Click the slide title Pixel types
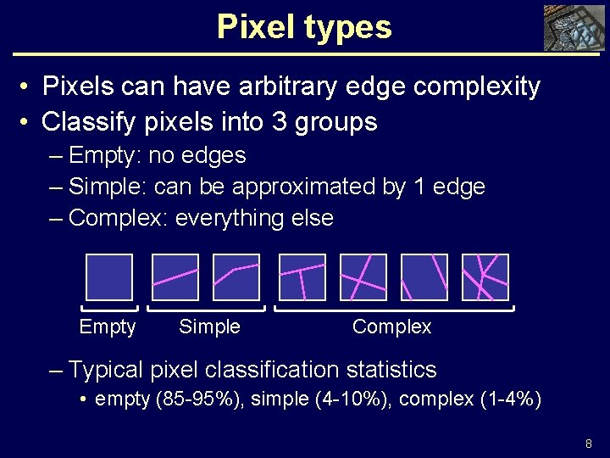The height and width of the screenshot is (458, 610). point(304,27)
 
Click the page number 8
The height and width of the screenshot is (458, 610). point(589,444)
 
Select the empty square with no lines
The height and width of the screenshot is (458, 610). point(110,277)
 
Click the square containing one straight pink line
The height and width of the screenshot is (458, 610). point(175,277)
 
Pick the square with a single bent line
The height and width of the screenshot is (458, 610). point(236,277)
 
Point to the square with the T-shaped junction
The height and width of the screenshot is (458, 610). point(302,277)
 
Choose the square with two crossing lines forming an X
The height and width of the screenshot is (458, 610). point(363,277)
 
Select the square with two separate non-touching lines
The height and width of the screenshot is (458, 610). point(424,277)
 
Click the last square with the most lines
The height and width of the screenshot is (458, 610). point(485,277)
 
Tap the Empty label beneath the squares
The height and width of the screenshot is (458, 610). point(107,327)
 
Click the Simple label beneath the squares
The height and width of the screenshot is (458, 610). point(209,327)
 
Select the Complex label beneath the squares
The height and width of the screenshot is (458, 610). point(391,327)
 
